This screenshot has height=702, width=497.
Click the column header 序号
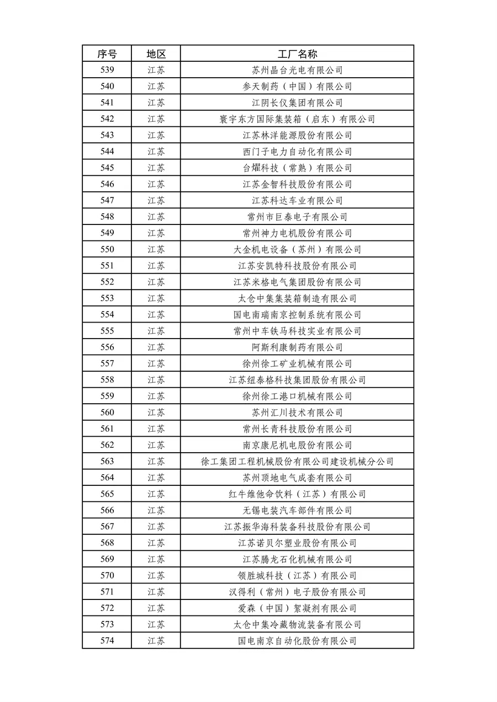[x=107, y=53]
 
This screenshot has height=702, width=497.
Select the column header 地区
[x=156, y=53]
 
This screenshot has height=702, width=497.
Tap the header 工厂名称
[x=297, y=53]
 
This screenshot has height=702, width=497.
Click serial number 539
[x=107, y=70]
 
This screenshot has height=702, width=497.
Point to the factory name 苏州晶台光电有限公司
[x=297, y=70]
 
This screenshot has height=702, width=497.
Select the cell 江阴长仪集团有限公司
[x=297, y=103]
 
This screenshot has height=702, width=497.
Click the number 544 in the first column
[x=107, y=152]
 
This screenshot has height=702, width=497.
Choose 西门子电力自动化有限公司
[x=297, y=152]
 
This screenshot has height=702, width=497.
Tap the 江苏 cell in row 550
[x=156, y=249]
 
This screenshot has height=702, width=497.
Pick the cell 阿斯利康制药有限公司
[x=297, y=347]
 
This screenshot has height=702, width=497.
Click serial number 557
[x=107, y=363]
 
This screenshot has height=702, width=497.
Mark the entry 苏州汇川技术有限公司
[x=297, y=412]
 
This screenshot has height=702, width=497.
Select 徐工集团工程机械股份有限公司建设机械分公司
[x=297, y=462]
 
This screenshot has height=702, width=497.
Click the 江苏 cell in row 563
[x=156, y=462]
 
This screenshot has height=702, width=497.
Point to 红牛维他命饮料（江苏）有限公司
[x=297, y=494]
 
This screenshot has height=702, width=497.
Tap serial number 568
[x=107, y=543]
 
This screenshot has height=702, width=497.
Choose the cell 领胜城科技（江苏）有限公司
[x=297, y=576]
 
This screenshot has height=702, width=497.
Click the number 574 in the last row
[x=107, y=641]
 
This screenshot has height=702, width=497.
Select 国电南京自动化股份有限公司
[x=297, y=641]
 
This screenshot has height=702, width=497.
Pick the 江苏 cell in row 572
[x=156, y=608]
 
